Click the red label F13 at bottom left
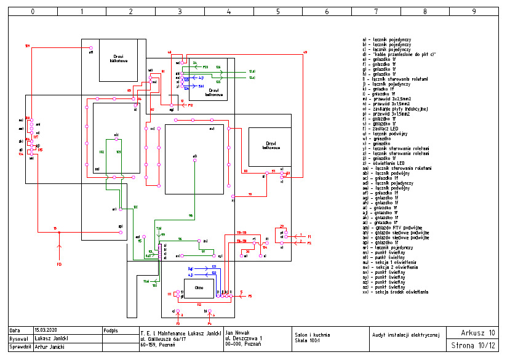tap(60, 265)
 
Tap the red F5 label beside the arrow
tap(250, 296)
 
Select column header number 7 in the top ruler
tap(376, 11)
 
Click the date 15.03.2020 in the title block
tap(46, 330)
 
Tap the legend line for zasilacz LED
tap(384, 129)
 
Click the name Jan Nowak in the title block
tap(238, 331)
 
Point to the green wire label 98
tap(191, 215)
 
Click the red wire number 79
tap(250, 194)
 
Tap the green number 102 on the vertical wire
tap(102, 151)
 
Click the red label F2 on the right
tap(309, 243)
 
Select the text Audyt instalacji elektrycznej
tap(406, 335)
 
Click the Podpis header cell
tap(111, 330)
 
